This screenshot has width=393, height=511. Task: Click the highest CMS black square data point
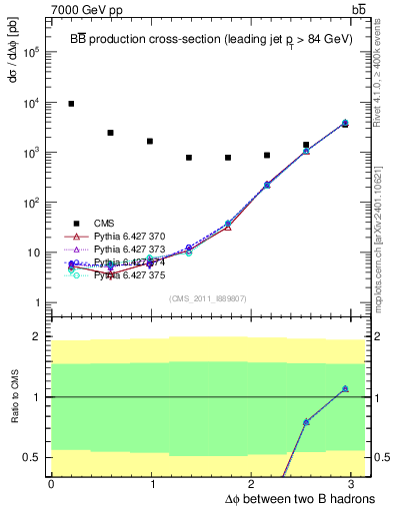point(71,104)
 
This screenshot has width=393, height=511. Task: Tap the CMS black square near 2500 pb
point(110,133)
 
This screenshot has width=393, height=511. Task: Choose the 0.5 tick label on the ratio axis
point(33,457)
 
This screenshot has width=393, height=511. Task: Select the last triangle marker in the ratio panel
point(345,388)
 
